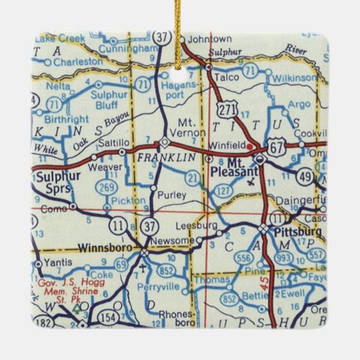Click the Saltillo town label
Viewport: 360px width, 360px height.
pos(114,143)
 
